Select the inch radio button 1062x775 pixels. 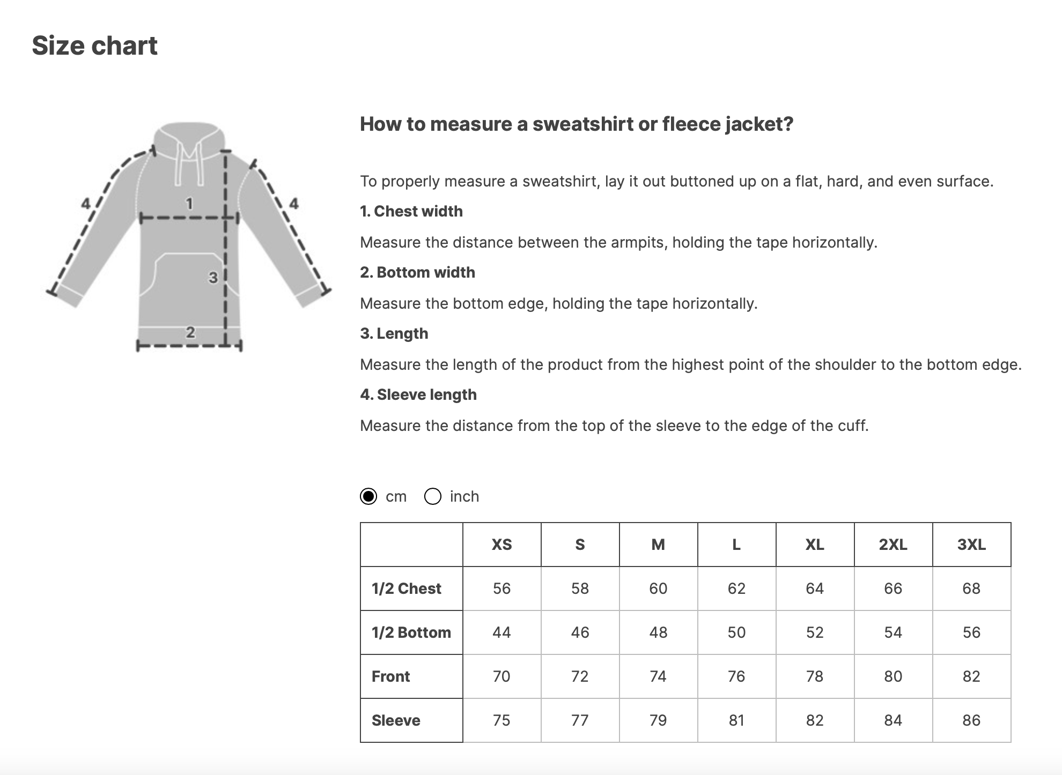coord(433,496)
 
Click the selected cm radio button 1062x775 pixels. coord(368,496)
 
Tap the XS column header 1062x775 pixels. coord(501,545)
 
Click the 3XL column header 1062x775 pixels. coord(971,545)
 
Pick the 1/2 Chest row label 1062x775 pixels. coord(406,588)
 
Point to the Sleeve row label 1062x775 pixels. coord(396,720)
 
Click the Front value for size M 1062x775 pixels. coord(658,676)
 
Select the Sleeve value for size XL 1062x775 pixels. coord(815,720)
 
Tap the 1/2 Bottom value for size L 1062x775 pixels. coord(736,632)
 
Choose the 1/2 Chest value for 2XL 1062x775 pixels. coord(893,588)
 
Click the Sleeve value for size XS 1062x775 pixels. coord(501,720)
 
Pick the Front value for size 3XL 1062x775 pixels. coord(971,676)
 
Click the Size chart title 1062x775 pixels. coord(94,46)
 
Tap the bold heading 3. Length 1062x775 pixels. coord(394,333)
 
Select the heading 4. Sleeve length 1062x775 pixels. coord(418,394)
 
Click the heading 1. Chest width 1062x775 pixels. coord(411,211)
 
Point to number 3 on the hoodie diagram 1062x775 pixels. coord(213,278)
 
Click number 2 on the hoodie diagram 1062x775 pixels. coord(190,332)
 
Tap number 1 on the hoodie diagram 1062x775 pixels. coord(189,204)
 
